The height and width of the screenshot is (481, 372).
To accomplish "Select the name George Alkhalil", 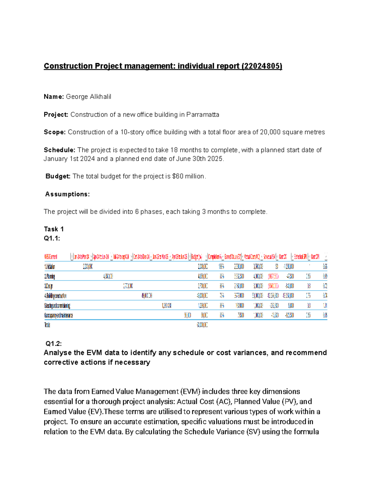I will [x=88, y=97].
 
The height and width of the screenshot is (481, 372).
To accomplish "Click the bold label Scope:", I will [x=55, y=132].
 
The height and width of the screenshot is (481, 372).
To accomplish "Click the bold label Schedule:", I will [x=60, y=150].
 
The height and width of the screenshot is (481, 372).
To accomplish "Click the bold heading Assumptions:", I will [x=68, y=194].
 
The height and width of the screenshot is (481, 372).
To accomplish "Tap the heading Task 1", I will [x=54, y=229].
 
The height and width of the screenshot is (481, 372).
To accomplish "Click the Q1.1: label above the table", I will [x=52, y=238].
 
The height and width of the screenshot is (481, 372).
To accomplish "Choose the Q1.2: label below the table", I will [x=54, y=343].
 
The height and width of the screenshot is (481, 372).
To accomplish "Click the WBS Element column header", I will [x=51, y=257].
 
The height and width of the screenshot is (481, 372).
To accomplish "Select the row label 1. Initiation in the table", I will [x=50, y=267].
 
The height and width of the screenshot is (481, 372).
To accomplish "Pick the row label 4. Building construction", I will [x=55, y=296].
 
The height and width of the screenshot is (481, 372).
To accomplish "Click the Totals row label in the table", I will [x=47, y=325].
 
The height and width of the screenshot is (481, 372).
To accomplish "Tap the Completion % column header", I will [x=215, y=257].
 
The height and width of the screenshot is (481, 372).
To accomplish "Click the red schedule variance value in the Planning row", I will [x=273, y=276].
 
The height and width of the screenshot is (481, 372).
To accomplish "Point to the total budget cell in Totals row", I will [x=202, y=325].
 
